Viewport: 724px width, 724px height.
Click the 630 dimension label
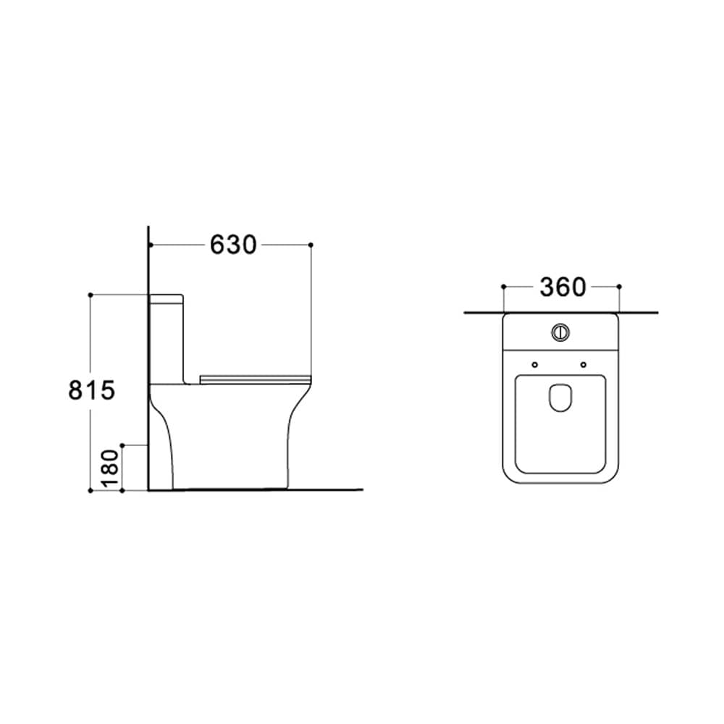coord(233,245)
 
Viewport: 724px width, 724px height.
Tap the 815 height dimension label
coord(91,390)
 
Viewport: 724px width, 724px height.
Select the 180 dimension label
coord(110,468)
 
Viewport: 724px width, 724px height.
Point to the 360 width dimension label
coord(563,287)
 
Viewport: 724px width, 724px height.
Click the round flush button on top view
coord(560,332)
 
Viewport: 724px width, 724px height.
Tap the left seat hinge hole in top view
coord(535,365)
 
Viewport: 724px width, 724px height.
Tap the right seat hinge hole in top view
coord(584,365)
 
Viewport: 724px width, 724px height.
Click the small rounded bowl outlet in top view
coord(560,397)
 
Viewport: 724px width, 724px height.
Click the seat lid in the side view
coord(256,379)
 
